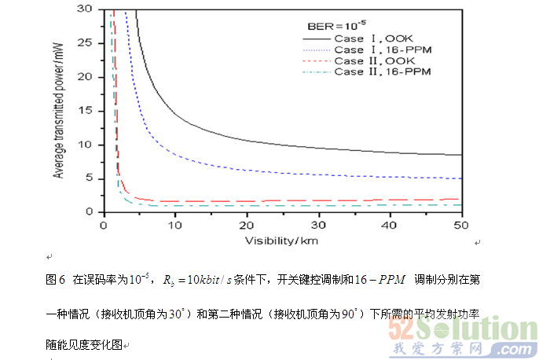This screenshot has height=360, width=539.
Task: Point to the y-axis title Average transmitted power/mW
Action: coord(57,112)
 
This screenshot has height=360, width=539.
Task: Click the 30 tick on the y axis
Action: coord(87,10)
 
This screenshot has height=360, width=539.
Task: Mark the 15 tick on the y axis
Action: coord(87,111)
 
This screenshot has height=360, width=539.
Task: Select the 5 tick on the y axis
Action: coord(90,178)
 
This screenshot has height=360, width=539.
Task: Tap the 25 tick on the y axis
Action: coord(87,44)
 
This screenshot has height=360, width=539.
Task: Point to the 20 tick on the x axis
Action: coord(247,225)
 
